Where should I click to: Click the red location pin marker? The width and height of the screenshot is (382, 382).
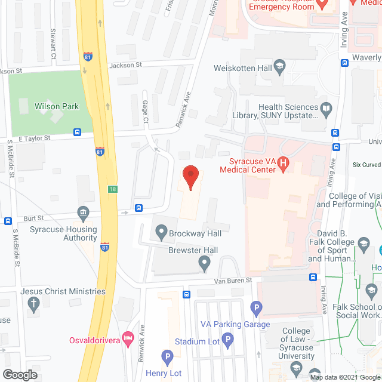point(190,176)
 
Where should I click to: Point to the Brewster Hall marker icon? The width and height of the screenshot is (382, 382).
point(205,261)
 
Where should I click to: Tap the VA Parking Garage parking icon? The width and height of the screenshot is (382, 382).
point(257,309)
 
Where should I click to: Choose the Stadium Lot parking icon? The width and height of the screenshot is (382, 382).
point(227,340)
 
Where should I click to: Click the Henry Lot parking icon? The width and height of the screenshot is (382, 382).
point(168,358)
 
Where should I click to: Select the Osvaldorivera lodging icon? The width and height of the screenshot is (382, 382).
point(127,338)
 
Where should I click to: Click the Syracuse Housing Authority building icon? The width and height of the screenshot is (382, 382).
point(83,212)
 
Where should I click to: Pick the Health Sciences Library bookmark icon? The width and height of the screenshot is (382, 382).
point(326,109)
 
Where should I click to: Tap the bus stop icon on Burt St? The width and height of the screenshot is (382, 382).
point(138,208)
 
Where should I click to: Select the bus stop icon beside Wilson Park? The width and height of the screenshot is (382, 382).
point(77,132)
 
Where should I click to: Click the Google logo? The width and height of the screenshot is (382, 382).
point(19,374)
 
